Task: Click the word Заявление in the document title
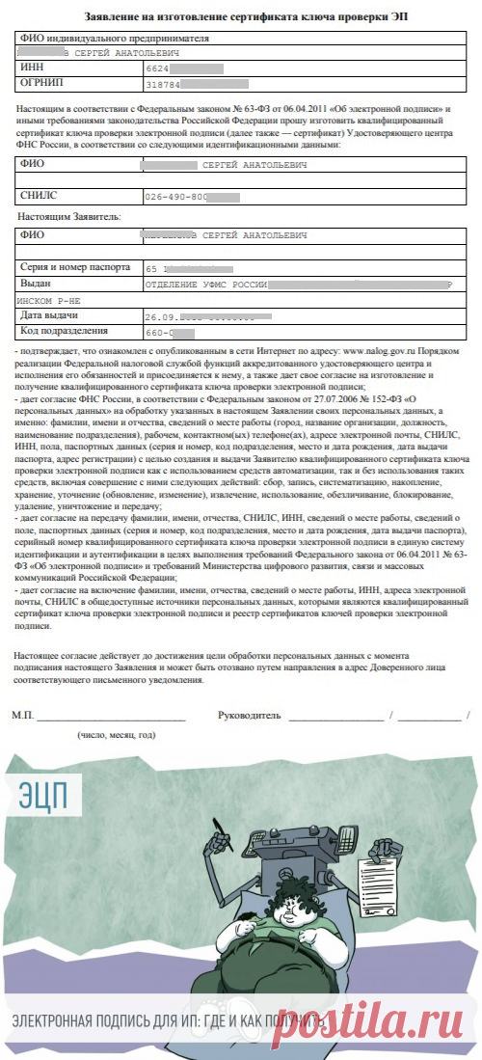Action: pyautogui.click(x=113, y=17)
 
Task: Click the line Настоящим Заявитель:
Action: pyautogui.click(x=69, y=217)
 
